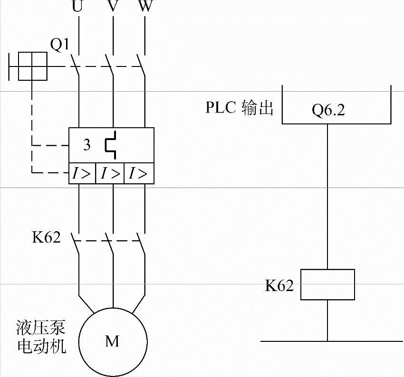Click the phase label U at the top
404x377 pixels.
(77, 8)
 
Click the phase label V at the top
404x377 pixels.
(113, 8)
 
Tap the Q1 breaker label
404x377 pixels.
(60, 45)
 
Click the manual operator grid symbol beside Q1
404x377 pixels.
(32, 66)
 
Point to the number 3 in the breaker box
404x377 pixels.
(87, 145)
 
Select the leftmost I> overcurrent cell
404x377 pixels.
(81, 174)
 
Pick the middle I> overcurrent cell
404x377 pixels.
(110, 174)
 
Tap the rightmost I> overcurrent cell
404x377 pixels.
(138, 174)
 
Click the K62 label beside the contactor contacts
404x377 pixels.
(47, 237)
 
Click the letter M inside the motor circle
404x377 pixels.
(112, 341)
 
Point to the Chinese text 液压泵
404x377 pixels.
(40, 328)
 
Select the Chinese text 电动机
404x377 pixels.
(40, 345)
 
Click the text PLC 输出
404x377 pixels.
(240, 108)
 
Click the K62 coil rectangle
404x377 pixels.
(327, 284)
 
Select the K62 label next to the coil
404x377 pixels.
(279, 285)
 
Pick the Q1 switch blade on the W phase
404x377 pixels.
(140, 63)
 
